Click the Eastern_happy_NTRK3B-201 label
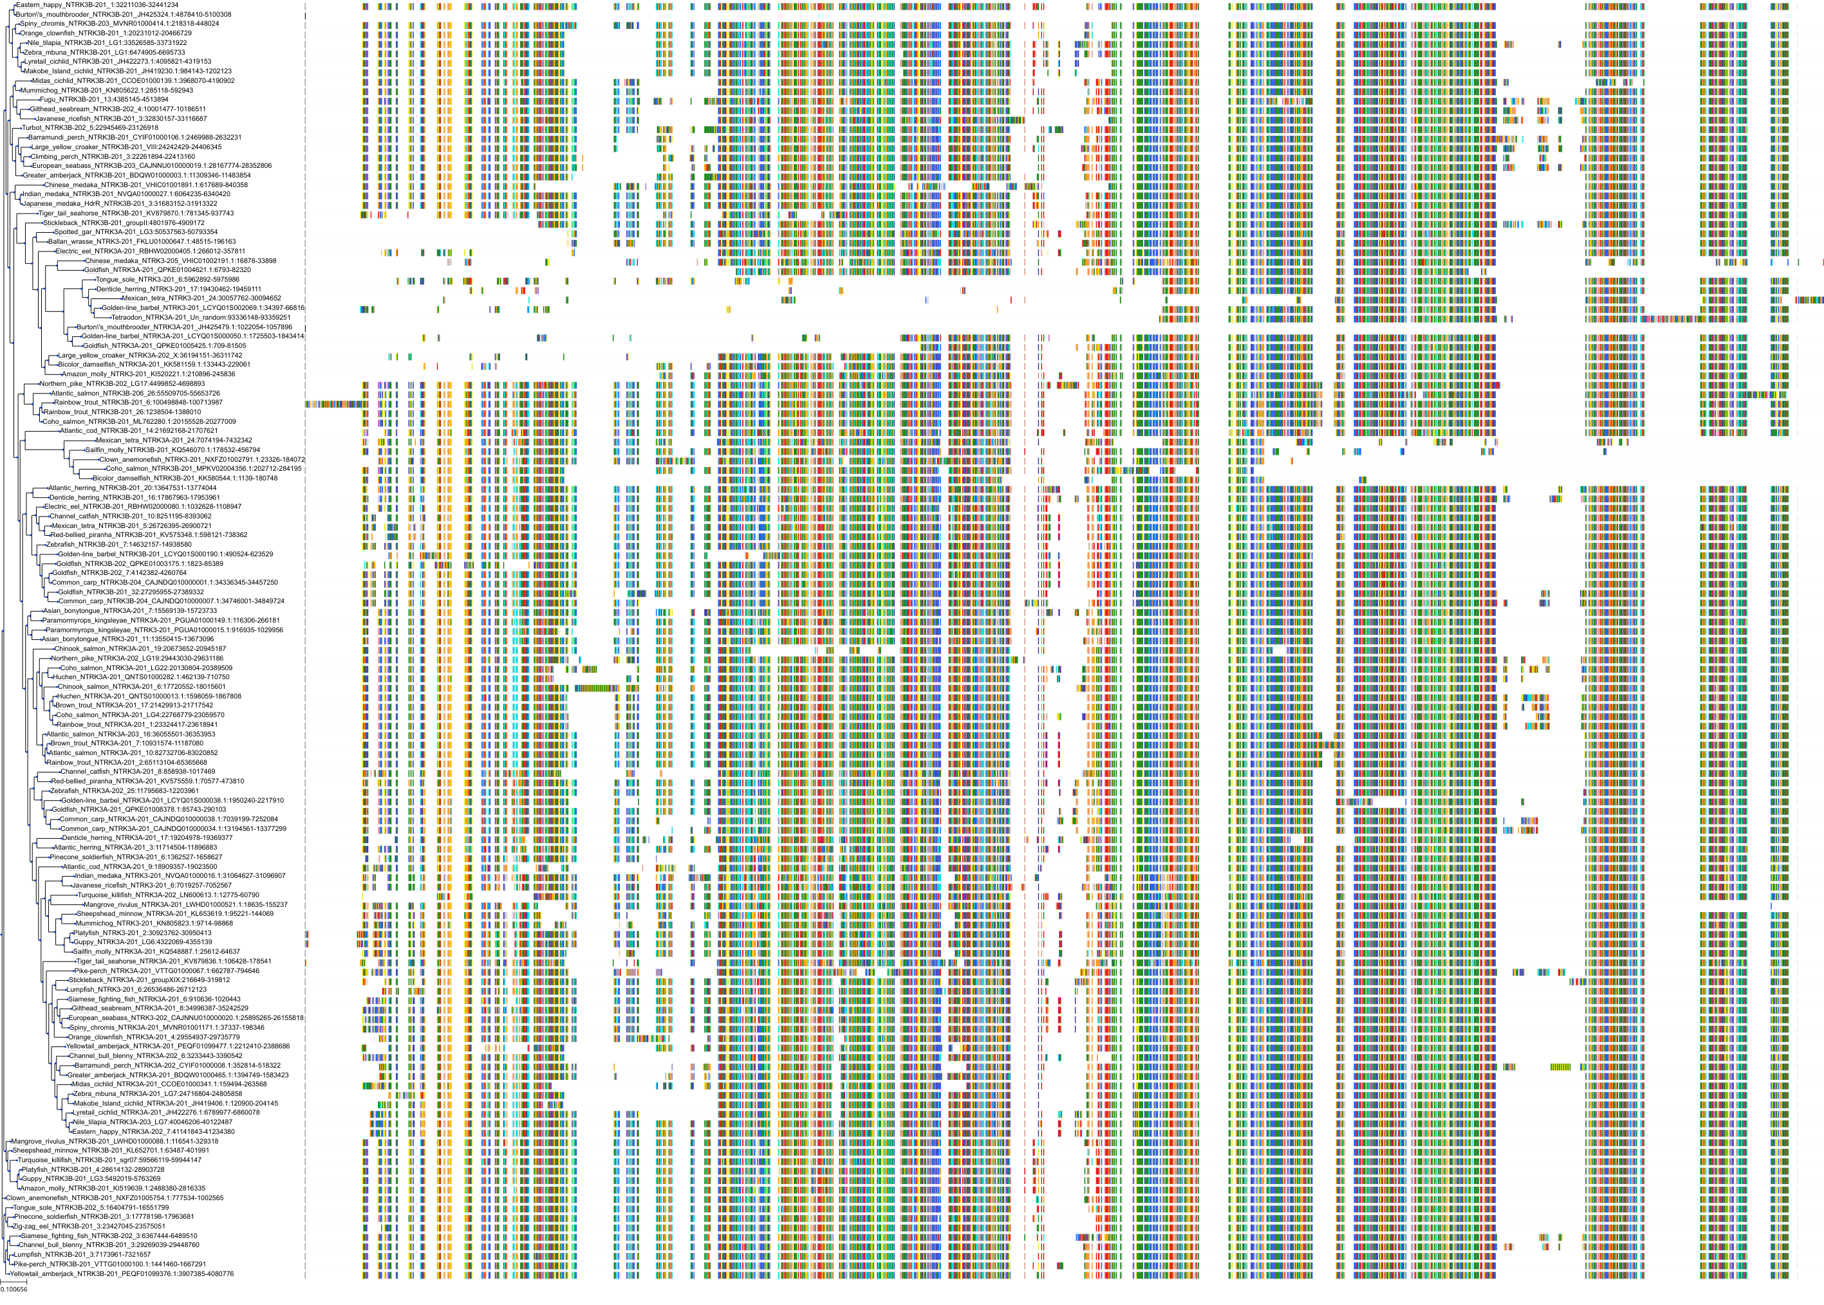tap(97, 5)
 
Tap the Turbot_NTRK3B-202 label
tap(90, 128)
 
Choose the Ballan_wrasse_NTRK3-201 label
tap(142, 242)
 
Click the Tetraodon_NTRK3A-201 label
tap(200, 318)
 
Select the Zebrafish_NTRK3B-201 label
tap(118, 545)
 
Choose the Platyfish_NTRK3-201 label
tap(142, 933)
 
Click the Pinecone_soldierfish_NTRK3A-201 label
tap(136, 857)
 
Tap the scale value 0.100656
tap(14, 1290)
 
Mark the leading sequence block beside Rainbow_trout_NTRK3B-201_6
tap(333, 403)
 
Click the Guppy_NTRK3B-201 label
tap(91, 1179)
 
